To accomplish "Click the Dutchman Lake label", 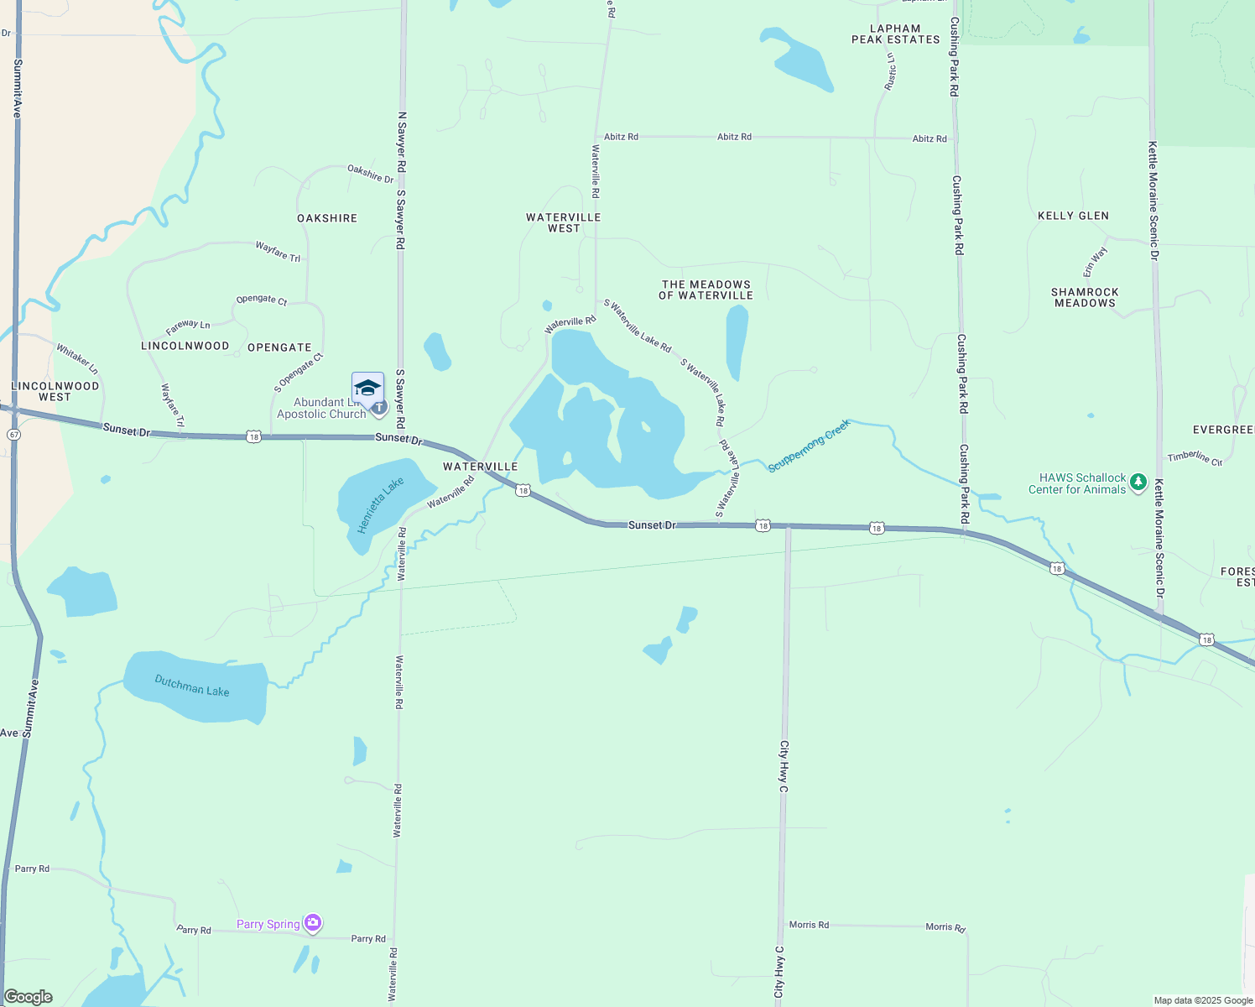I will tap(192, 686).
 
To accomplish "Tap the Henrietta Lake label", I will tap(380, 505).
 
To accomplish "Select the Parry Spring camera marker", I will tap(313, 923).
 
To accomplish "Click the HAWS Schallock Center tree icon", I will tap(1138, 483).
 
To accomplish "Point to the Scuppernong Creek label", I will tap(809, 445).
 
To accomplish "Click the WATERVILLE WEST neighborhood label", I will tap(564, 222).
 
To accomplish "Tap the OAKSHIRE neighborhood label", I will tap(327, 218).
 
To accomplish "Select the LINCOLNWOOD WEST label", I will tap(55, 391).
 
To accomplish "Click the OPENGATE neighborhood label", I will tap(279, 347).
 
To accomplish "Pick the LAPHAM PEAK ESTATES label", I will tap(896, 34).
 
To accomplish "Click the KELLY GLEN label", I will tap(1073, 216).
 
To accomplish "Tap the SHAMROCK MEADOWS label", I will tap(1085, 297).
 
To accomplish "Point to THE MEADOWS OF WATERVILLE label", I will tap(706, 290).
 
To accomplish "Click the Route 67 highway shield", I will tap(13, 435).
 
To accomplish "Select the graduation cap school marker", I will tap(367, 389).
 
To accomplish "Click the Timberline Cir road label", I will tap(1195, 457).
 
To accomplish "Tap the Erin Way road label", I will tap(1096, 261).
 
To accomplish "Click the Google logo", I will tap(29, 997).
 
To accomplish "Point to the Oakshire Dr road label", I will tap(371, 174).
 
